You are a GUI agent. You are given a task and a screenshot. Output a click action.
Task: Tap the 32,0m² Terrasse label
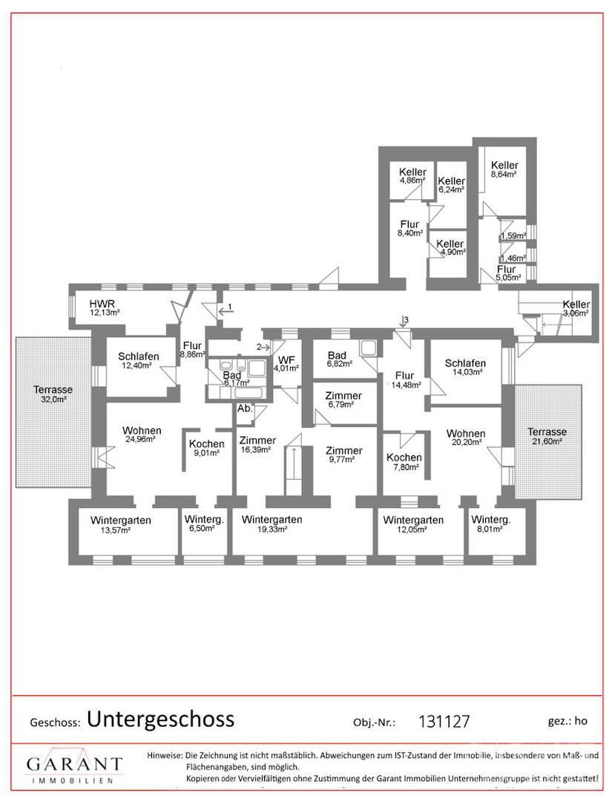(x=53, y=394)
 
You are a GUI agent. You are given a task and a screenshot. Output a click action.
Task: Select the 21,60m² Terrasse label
(x=547, y=437)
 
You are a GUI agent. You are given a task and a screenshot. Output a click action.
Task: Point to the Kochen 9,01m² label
(x=206, y=448)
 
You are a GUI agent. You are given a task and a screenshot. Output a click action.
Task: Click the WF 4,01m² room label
(x=286, y=364)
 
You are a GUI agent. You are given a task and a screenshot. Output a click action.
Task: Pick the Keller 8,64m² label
(x=504, y=169)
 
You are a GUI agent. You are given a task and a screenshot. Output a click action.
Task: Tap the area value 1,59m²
(x=513, y=236)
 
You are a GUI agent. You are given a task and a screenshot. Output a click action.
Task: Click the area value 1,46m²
(x=513, y=258)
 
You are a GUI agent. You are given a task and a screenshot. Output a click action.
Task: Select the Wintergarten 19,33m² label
(x=272, y=524)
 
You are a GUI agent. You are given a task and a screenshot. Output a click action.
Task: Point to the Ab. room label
(x=245, y=408)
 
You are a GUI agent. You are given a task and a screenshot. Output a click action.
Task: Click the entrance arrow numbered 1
(x=225, y=310)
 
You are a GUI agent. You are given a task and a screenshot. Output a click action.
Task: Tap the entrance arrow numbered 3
(x=404, y=323)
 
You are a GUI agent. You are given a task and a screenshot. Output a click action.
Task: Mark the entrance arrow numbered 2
(x=263, y=347)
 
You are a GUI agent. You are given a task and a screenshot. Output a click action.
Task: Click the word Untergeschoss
(x=160, y=720)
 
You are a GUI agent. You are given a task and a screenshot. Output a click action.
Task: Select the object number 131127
(x=444, y=721)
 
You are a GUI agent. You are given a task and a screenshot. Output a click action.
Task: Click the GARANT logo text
(x=74, y=765)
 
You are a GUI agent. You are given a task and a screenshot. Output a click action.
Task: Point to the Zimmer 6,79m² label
(x=343, y=400)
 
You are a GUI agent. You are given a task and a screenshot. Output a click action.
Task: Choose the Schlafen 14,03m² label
(x=465, y=368)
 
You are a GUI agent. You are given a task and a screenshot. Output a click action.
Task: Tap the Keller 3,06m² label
(x=576, y=308)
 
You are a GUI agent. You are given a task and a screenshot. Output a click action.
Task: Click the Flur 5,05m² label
(x=507, y=273)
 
